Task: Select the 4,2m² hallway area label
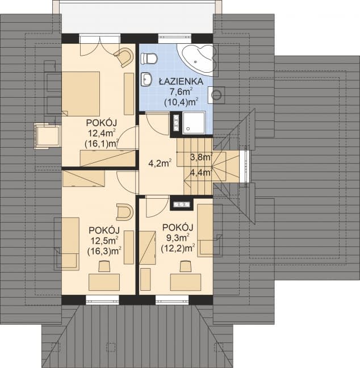[x=160, y=164]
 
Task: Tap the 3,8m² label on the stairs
[x=201, y=158]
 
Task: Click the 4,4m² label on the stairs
[x=201, y=172]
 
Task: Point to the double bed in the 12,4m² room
[x=81, y=93]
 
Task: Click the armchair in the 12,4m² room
[x=124, y=57]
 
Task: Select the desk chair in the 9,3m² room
[x=184, y=266]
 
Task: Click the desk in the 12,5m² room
[x=104, y=282]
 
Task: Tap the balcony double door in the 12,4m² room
[x=99, y=40]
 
